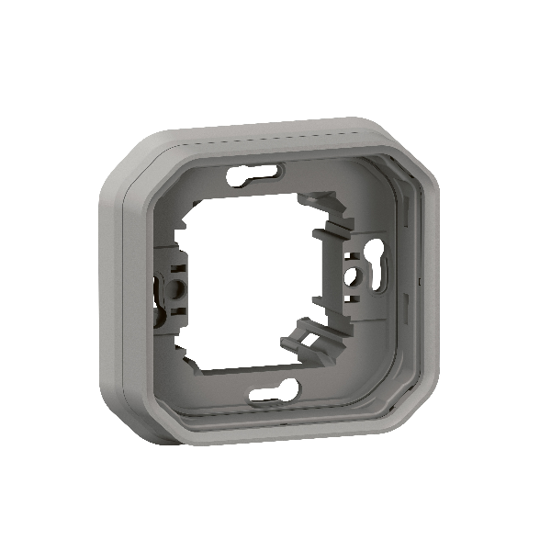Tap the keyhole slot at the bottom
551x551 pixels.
(271, 395)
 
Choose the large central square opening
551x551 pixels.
(257, 285)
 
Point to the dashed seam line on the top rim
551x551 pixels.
(275, 141)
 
